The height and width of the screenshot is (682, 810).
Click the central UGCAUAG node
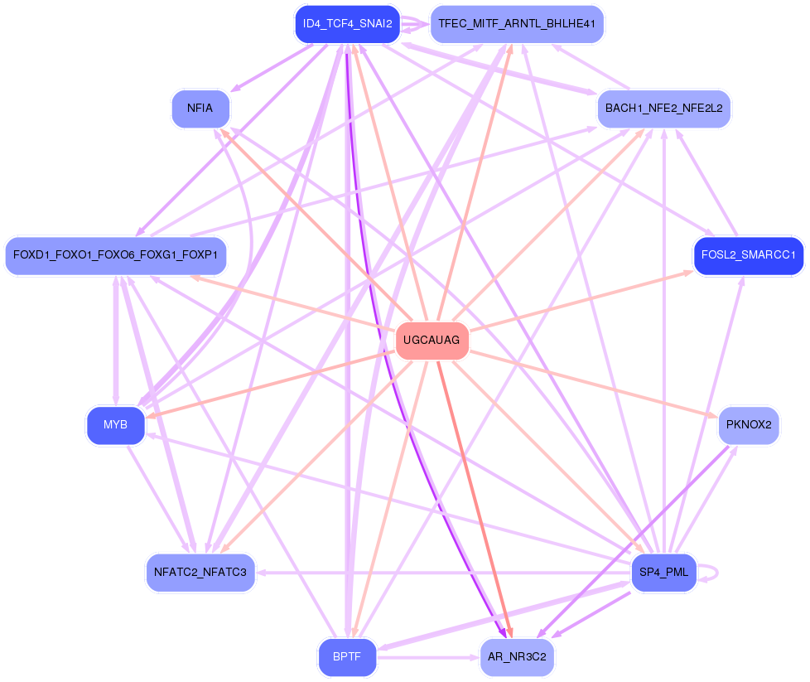click(432, 341)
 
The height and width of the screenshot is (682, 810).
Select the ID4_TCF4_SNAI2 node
click(348, 23)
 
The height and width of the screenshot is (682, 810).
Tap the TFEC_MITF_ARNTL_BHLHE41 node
click(517, 23)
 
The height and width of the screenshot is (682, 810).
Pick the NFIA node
click(200, 109)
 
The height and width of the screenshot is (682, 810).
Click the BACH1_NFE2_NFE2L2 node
click(664, 109)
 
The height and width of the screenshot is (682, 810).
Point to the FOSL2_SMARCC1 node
click(748, 255)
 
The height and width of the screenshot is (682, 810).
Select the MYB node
click(115, 425)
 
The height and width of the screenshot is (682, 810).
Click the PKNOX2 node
click(748, 425)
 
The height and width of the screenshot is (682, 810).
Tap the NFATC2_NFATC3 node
click(200, 572)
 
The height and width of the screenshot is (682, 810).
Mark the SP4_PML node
click(664, 572)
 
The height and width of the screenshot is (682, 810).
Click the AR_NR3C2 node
click(517, 657)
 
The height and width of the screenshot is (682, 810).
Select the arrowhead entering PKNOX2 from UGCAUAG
click(714, 416)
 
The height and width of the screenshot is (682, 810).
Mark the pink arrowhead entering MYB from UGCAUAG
click(151, 416)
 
